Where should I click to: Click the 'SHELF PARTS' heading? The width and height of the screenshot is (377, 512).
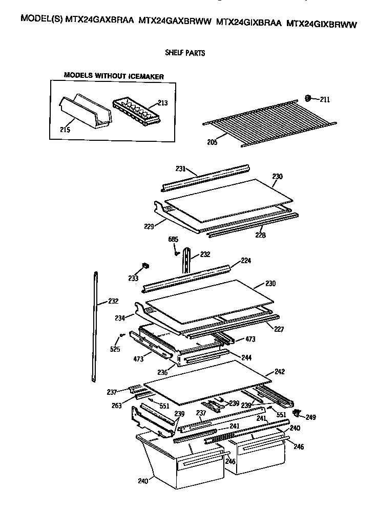(x=185, y=53)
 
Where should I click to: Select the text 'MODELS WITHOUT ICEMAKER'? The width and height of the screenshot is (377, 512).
(x=114, y=76)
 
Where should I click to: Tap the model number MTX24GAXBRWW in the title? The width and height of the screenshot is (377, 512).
(x=175, y=23)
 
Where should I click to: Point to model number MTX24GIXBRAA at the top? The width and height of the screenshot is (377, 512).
(x=248, y=23)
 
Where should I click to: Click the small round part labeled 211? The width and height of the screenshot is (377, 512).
(x=309, y=98)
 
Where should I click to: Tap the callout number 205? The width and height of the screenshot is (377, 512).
(x=212, y=142)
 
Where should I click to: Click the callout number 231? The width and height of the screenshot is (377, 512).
(x=178, y=168)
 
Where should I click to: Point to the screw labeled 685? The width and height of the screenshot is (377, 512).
(x=176, y=252)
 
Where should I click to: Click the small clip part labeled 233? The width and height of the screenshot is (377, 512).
(x=145, y=266)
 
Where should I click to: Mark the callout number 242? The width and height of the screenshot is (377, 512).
(x=279, y=371)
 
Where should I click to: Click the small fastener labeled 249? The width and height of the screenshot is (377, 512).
(x=296, y=412)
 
